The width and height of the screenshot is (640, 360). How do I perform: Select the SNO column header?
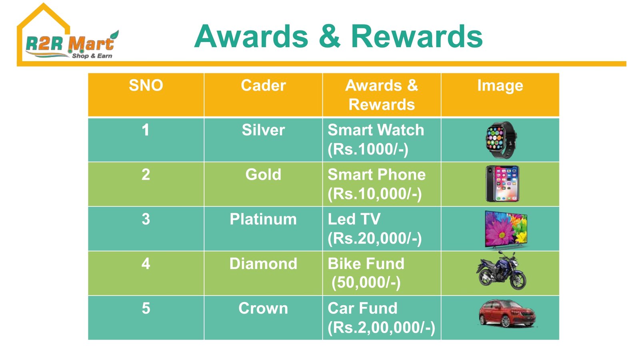pyautogui.click(x=146, y=85)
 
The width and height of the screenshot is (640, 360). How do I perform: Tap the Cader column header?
pyautogui.click(x=263, y=85)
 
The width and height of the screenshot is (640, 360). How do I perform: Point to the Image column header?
pyautogui.click(x=500, y=86)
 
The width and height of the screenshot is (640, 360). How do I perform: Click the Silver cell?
pyautogui.click(x=263, y=130)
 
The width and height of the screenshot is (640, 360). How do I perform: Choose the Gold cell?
pyautogui.click(x=263, y=174)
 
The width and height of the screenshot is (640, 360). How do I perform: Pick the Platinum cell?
pyautogui.click(x=263, y=219)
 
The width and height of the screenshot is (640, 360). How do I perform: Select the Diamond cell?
pyautogui.click(x=263, y=264)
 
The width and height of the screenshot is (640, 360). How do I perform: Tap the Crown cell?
pyautogui.click(x=263, y=308)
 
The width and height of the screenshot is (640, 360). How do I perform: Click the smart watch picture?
pyautogui.click(x=501, y=140)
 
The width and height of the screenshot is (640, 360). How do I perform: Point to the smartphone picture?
pyautogui.click(x=502, y=184)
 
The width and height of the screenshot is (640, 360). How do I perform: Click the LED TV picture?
pyautogui.click(x=506, y=230)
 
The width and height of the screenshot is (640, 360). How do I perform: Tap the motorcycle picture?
pyautogui.click(x=501, y=270)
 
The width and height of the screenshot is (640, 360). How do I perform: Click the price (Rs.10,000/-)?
pyautogui.click(x=374, y=194)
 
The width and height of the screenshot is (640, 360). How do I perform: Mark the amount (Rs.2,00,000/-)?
pyautogui.click(x=382, y=328)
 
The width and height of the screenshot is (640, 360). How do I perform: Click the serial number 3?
pyautogui.click(x=146, y=219)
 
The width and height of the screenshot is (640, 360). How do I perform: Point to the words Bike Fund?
pyautogui.click(x=366, y=264)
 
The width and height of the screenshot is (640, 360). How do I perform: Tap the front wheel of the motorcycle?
pyautogui.click(x=517, y=280)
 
